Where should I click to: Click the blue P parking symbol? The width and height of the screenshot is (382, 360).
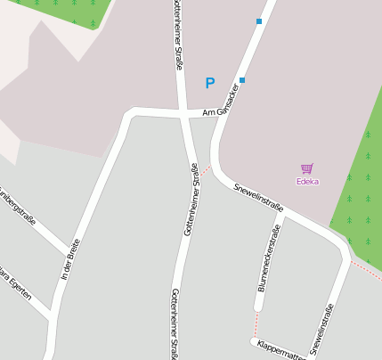coord(210,84)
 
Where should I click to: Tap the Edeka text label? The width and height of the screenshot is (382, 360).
coord(307,181)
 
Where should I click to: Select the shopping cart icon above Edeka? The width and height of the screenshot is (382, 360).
coord(307,168)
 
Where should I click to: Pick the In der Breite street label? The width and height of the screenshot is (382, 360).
coord(70,260)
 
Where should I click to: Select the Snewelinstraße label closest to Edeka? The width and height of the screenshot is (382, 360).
coord(258,196)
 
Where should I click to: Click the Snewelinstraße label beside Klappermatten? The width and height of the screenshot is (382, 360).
coord(322,329)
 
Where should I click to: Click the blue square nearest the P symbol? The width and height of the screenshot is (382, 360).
coord(242,80)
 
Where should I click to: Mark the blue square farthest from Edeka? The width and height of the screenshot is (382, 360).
coord(259,20)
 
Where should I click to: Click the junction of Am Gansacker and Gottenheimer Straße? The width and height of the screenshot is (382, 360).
coord(184,114)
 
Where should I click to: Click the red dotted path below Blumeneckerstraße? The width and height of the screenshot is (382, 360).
coord(256,321)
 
